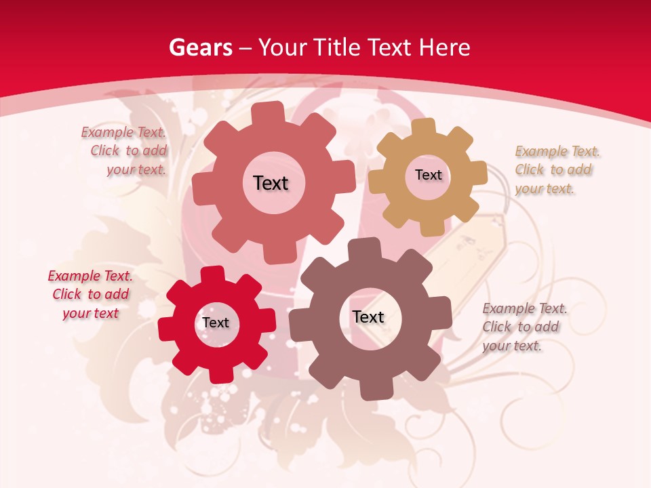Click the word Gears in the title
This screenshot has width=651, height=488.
[x=200, y=47]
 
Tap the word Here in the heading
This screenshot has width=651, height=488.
[x=444, y=47]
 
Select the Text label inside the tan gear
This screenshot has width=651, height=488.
[x=428, y=175]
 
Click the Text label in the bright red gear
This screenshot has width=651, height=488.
[x=216, y=323]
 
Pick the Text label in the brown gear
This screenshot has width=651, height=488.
[x=368, y=317]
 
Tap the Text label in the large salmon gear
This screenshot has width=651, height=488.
[x=271, y=183]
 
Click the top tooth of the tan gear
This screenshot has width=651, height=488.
[x=423, y=127]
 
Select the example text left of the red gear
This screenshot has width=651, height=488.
[x=90, y=294]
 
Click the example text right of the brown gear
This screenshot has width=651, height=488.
[x=524, y=327]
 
